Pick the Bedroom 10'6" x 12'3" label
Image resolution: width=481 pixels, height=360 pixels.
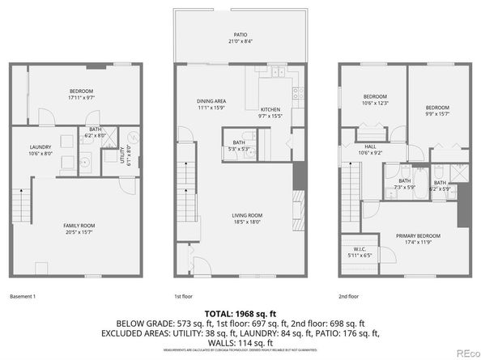pyautogui.click(x=375, y=100)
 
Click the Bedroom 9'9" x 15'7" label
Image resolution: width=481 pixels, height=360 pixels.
pyautogui.click(x=437, y=110)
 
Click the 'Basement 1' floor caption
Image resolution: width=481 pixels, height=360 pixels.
pyautogui.click(x=23, y=297)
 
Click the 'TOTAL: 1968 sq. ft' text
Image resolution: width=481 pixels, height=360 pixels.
pyautogui.click(x=240, y=312)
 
